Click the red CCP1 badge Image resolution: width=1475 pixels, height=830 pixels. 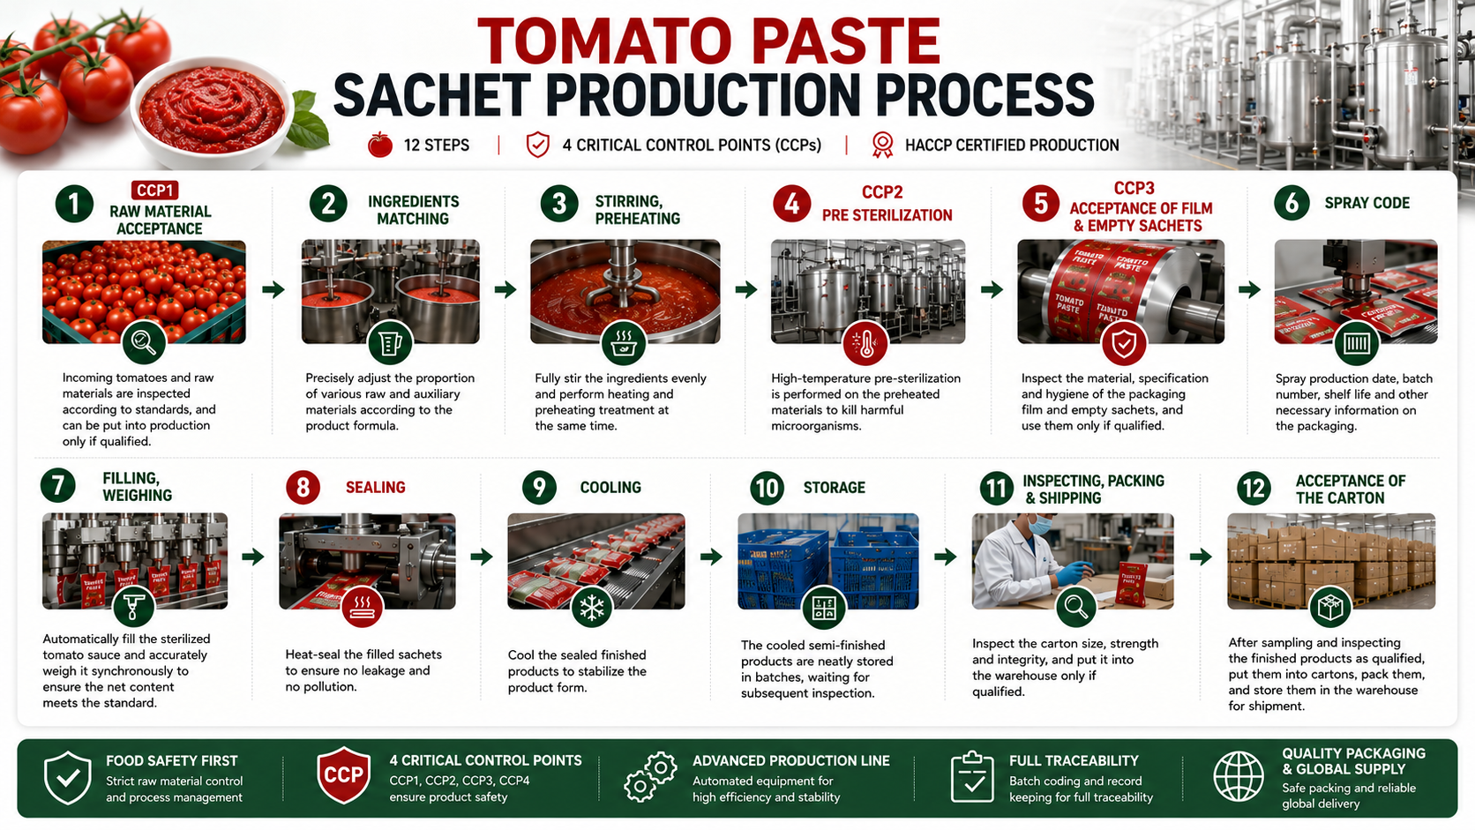coord(154,191)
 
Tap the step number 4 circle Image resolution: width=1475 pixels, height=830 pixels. coord(791,204)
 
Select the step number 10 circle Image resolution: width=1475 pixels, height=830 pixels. coord(767,488)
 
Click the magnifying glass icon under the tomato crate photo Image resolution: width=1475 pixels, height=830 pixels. coord(144,342)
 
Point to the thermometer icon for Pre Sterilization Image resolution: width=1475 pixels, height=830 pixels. coord(865,343)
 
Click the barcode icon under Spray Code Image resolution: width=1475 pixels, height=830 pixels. coord(1357,343)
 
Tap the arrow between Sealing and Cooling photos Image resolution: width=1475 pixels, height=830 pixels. coord(482,557)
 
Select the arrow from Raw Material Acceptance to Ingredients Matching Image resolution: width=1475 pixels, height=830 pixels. coord(273,289)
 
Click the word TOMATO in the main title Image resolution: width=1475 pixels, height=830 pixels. coord(605,41)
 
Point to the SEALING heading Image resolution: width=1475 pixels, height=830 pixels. coord(375,487)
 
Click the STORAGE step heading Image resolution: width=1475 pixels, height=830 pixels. coord(834,487)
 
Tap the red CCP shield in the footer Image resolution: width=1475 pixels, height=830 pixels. coord(344,774)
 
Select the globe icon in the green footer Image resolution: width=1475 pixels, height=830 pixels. coord(1239,777)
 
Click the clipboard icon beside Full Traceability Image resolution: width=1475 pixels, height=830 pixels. coord(972,777)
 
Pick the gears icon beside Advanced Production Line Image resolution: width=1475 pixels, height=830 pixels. coord(650,777)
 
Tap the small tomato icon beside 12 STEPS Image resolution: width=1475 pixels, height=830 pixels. coord(380,145)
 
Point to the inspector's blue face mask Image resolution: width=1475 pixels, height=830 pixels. coord(1040,525)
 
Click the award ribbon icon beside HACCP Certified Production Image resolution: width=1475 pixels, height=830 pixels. coord(881,145)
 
